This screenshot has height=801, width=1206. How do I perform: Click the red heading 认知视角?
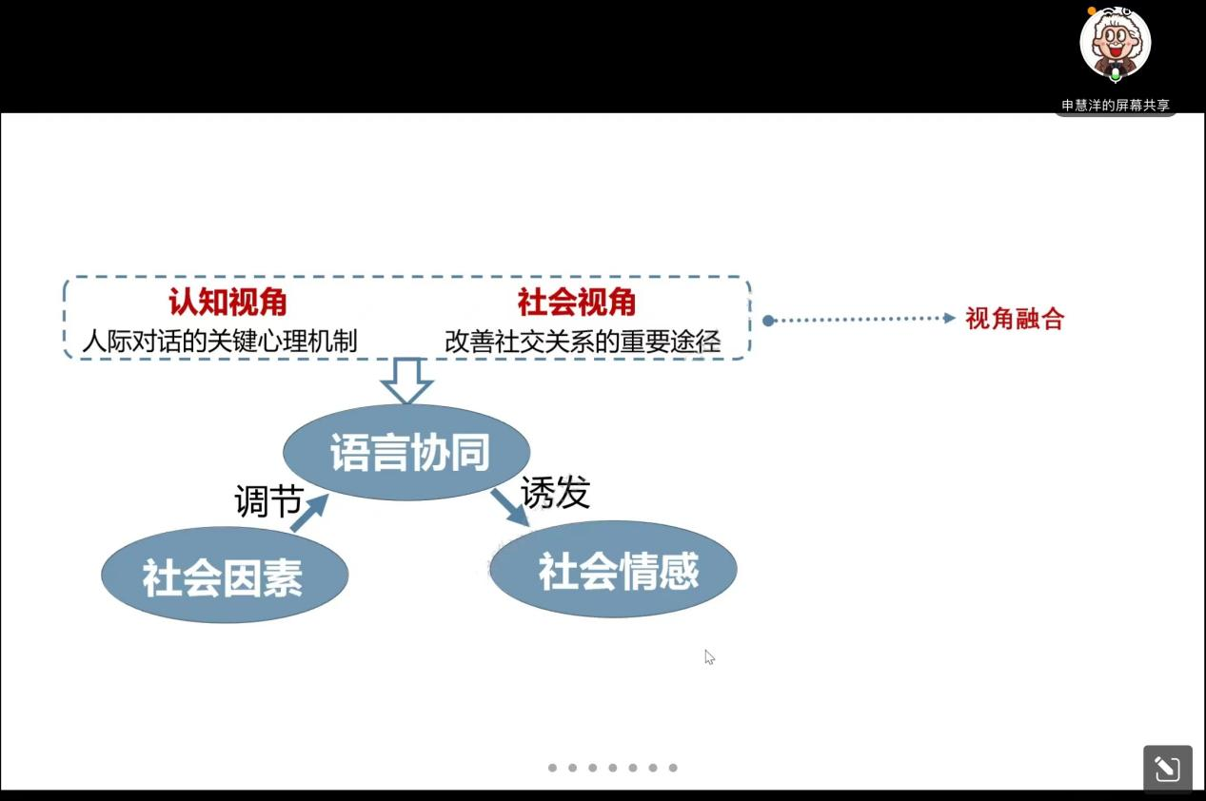pyautogui.click(x=227, y=303)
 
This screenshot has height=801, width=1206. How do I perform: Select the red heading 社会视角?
pyautogui.click(x=577, y=303)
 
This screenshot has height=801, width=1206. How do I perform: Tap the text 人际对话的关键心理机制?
pyautogui.click(x=220, y=341)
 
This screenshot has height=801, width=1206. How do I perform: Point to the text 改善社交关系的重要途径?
pyautogui.click(x=583, y=342)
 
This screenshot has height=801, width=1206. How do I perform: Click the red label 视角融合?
pyautogui.click(x=1015, y=319)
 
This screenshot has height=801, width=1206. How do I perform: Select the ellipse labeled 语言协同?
pyautogui.click(x=407, y=453)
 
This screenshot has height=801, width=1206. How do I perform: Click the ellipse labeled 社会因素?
pyautogui.click(x=224, y=576)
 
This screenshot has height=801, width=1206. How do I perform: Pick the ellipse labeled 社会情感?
pyautogui.click(x=614, y=569)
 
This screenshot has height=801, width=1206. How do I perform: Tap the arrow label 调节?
pyautogui.click(x=267, y=500)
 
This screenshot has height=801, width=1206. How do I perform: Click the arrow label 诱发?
pyautogui.click(x=555, y=492)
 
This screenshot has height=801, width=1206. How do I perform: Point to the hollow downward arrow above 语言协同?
pyautogui.click(x=406, y=381)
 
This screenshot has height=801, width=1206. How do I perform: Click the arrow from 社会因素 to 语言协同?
pyautogui.click(x=308, y=514)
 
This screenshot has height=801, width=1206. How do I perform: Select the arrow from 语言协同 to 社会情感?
pyautogui.click(x=509, y=507)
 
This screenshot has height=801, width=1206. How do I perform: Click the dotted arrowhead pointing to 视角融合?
pyautogui.click(x=948, y=319)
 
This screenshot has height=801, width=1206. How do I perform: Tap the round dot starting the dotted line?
pyautogui.click(x=768, y=321)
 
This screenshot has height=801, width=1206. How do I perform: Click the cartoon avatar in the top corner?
pyautogui.click(x=1115, y=43)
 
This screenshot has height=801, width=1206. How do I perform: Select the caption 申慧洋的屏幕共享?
pyautogui.click(x=1116, y=106)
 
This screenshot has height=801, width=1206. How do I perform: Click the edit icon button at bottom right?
pyautogui.click(x=1167, y=769)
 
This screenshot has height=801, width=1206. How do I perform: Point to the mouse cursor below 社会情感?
pyautogui.click(x=709, y=656)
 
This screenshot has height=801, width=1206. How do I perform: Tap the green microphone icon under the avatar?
pyautogui.click(x=1116, y=73)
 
